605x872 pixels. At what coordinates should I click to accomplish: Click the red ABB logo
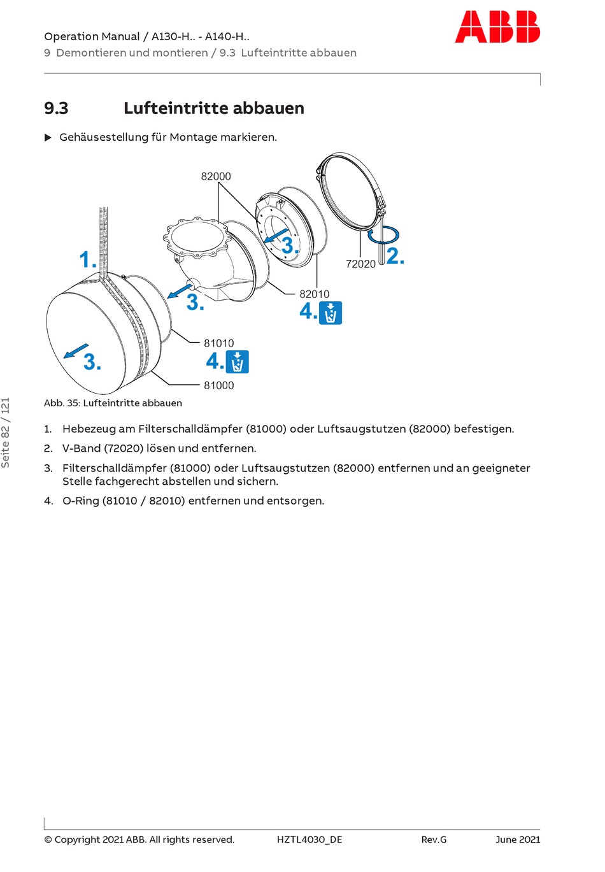click(x=497, y=27)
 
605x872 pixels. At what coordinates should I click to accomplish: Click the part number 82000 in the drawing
click(x=216, y=176)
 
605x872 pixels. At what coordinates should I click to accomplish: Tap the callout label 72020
click(x=360, y=264)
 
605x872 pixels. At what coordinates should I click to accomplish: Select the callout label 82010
click(x=315, y=294)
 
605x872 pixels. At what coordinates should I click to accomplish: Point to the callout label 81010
click(x=219, y=343)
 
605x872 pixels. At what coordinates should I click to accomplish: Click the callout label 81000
click(x=219, y=385)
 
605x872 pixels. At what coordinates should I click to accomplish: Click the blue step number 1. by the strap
click(x=88, y=260)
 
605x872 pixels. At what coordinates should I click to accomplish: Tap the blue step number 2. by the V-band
click(x=395, y=256)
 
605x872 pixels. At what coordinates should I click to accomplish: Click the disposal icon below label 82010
click(x=331, y=313)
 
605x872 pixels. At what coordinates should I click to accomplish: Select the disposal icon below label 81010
click(x=237, y=362)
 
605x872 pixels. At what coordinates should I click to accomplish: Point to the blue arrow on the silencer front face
click(x=76, y=350)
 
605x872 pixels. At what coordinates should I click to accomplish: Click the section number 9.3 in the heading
click(x=56, y=108)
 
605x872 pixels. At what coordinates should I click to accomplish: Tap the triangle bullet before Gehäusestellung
click(x=48, y=138)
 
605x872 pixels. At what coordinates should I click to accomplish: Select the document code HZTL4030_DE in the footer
click(x=310, y=840)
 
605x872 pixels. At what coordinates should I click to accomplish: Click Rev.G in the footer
click(x=434, y=840)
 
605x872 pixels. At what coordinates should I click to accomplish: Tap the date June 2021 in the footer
click(x=518, y=840)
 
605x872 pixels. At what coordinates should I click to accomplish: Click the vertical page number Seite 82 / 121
click(x=6, y=432)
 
